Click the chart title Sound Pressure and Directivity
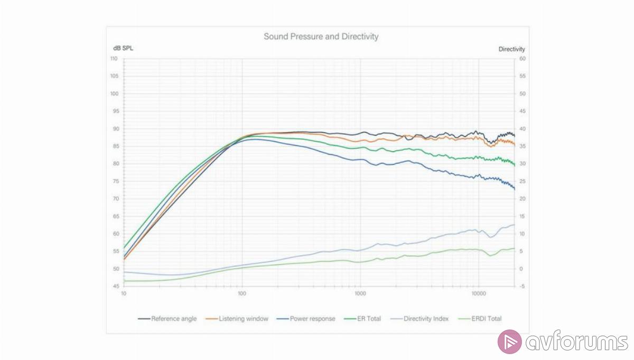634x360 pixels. click(x=321, y=36)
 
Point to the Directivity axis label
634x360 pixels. click(x=511, y=49)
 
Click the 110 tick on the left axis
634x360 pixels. click(x=114, y=59)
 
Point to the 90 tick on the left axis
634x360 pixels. click(x=115, y=129)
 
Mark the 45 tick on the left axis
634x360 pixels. click(x=115, y=287)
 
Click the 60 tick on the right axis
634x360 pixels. click(x=522, y=59)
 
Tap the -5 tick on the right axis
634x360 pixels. click(x=521, y=287)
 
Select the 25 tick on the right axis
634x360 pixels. click(x=522, y=181)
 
